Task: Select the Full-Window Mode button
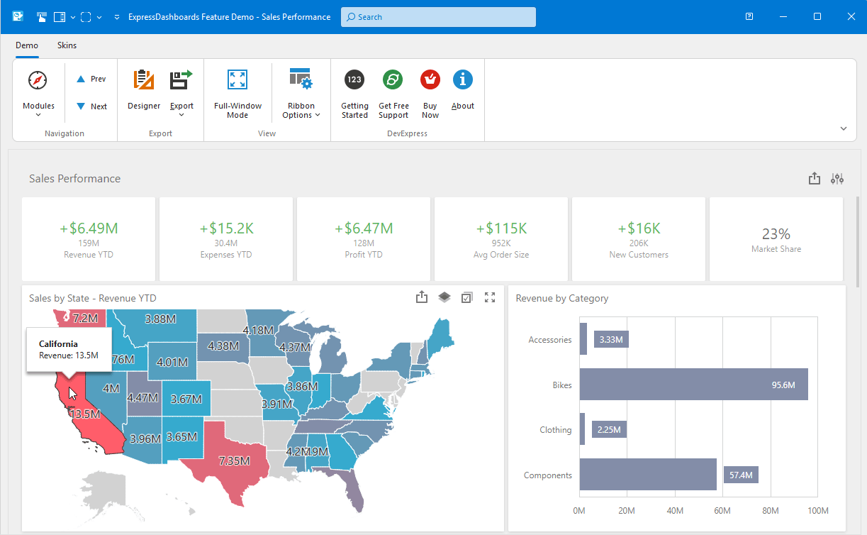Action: (237, 93)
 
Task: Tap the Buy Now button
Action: (430, 93)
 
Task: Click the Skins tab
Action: (67, 45)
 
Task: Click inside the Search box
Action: (438, 17)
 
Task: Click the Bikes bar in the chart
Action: (693, 385)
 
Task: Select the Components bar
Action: (648, 475)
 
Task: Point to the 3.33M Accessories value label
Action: (611, 340)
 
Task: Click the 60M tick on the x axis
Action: (722, 511)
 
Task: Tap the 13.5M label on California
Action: (84, 414)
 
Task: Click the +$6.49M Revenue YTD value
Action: (89, 228)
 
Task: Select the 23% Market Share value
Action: (776, 234)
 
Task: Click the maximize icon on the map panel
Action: (489, 298)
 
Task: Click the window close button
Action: (850, 16)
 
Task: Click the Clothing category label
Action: (555, 430)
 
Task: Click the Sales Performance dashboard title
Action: (74, 179)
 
